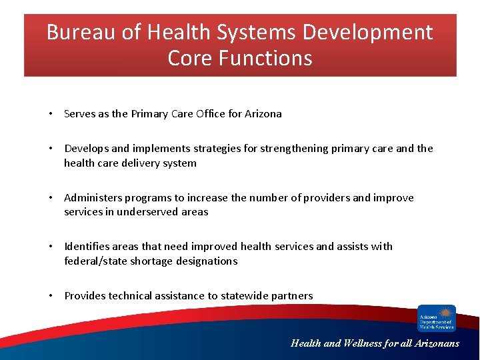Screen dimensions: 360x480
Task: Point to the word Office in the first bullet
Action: tap(211, 114)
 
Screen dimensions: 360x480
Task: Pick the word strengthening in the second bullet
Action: tap(290, 149)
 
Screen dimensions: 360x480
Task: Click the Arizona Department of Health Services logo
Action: tap(436, 318)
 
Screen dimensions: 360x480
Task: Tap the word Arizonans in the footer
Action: tap(435, 344)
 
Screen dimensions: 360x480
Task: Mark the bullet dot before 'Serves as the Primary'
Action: tap(51, 114)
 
